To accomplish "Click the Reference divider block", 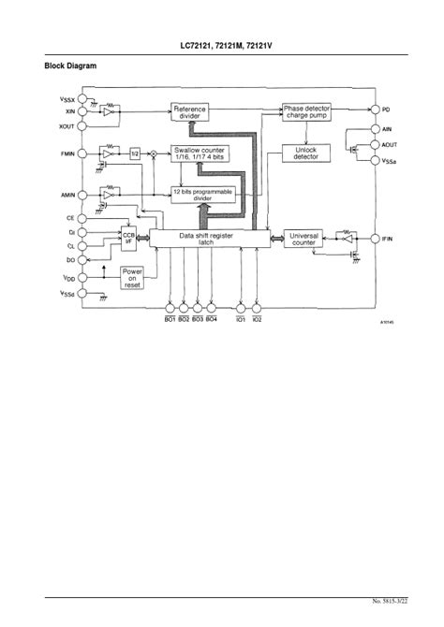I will (189, 112).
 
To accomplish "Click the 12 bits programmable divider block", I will (202, 194).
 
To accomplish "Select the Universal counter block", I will (304, 240).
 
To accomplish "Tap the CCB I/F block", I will (128, 239).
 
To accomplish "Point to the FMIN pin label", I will (68, 153).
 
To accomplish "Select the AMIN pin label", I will (68, 195).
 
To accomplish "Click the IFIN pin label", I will (388, 240).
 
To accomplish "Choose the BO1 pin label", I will (170, 319).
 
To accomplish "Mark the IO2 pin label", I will (258, 319).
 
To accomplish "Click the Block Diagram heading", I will (70, 66).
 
